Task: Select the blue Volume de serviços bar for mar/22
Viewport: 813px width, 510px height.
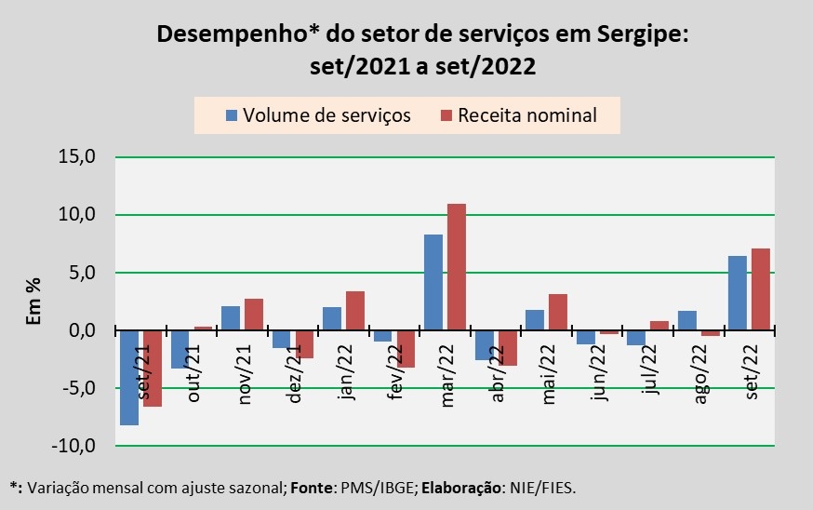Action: pyautogui.click(x=433, y=283)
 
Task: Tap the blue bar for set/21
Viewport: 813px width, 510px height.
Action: pyautogui.click(x=129, y=378)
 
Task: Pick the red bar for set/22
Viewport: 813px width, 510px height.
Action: pyautogui.click(x=760, y=289)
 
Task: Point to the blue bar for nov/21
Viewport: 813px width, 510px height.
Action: pyautogui.click(x=231, y=318)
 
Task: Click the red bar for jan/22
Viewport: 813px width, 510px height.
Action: pyautogui.click(x=354, y=311)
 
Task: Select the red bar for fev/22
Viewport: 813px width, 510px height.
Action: pyautogui.click(x=406, y=349)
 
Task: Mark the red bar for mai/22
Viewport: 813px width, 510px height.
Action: pyautogui.click(x=557, y=313)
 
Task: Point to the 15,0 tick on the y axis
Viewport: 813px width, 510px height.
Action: pyautogui.click(x=77, y=157)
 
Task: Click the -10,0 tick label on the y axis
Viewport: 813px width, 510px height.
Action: pyautogui.click(x=73, y=446)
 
